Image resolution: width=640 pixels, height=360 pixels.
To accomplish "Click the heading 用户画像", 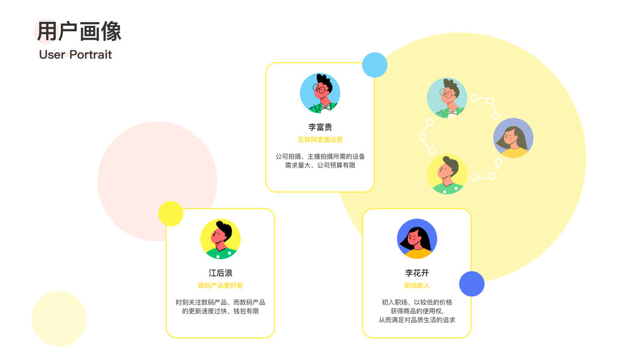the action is click(x=79, y=32).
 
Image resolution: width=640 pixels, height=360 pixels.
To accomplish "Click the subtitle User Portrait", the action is click(x=76, y=55).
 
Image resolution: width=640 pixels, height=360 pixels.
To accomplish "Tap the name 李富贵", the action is click(x=320, y=127).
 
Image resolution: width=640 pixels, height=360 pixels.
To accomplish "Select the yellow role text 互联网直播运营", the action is click(x=320, y=140).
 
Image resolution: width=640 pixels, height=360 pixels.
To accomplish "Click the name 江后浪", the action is click(x=220, y=273).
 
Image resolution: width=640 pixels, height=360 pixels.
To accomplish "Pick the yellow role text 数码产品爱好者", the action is click(x=220, y=286).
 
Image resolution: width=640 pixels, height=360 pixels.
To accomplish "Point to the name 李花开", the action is click(x=417, y=273).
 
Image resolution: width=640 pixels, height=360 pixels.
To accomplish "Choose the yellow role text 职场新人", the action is click(x=417, y=286).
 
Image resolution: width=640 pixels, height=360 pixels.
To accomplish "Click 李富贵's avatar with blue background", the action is click(x=320, y=93).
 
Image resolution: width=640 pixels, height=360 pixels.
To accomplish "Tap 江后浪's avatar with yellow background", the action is click(x=220, y=239).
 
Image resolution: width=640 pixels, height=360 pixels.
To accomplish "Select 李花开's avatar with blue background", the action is click(x=417, y=239).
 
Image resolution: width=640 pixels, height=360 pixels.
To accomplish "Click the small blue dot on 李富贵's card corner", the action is click(x=375, y=65).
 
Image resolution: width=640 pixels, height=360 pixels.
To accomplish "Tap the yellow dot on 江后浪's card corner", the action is click(x=170, y=214).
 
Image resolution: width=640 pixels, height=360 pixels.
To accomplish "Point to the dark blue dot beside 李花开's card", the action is click(x=472, y=284).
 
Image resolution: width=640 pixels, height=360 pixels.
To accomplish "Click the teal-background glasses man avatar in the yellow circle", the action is click(x=447, y=98).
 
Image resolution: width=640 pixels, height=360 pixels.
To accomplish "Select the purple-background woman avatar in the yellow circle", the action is click(x=513, y=138).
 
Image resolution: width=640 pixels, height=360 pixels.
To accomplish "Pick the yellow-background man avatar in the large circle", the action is click(x=447, y=175).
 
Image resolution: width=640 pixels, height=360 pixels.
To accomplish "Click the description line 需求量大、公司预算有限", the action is click(x=320, y=165).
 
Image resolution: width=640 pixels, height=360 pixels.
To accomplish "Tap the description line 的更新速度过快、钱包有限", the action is click(x=220, y=311).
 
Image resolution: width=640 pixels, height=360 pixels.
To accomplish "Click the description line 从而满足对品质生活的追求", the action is click(x=417, y=320).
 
